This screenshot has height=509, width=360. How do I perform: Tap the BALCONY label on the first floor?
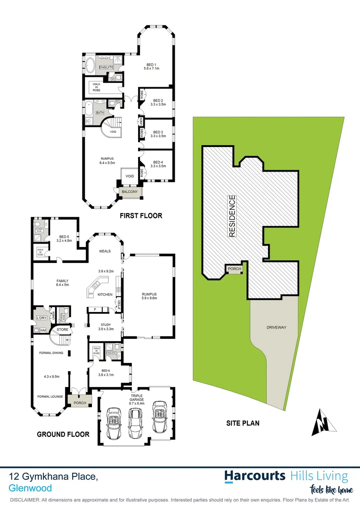tap(130, 192)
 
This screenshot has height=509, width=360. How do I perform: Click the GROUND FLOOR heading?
tap(63, 434)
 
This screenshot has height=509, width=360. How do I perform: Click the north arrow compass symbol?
tap(324, 423)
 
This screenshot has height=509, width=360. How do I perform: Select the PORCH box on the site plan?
tap(234, 270)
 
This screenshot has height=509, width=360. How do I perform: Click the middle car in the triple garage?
tap(135, 422)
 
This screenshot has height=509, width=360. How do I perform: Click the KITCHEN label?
tap(105, 295)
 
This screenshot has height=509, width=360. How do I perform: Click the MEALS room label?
tap(105, 251)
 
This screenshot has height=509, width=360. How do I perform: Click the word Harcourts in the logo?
tap(255, 476)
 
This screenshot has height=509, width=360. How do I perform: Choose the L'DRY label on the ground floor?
tap(41, 318)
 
